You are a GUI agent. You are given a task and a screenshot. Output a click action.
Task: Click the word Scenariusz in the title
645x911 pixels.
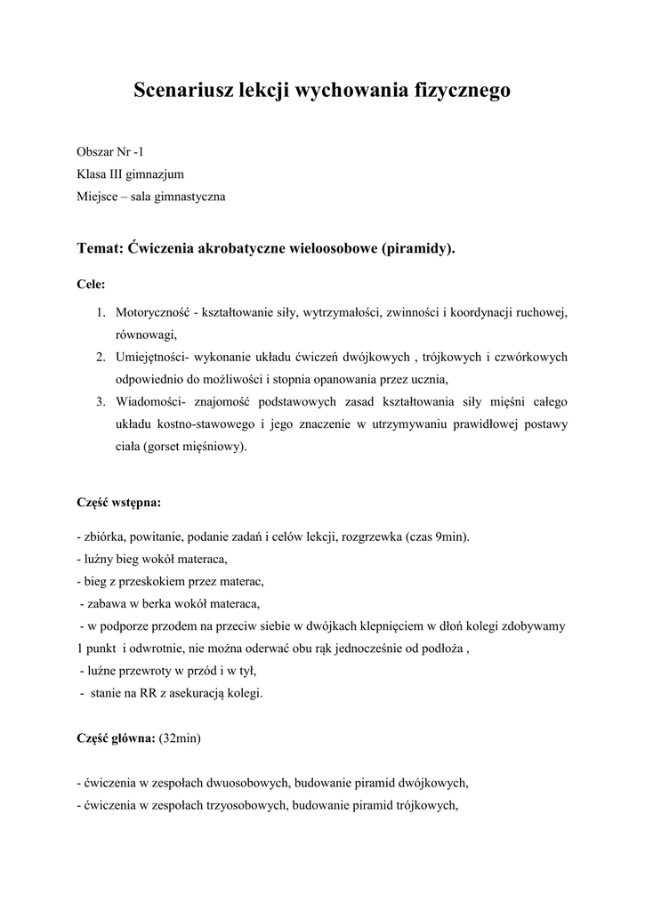(174, 90)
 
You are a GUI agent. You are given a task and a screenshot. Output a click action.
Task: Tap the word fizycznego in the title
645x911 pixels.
(463, 90)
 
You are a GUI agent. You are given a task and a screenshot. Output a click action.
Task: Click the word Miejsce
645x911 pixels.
(97, 197)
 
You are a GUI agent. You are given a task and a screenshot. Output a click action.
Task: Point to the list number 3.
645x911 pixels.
(101, 401)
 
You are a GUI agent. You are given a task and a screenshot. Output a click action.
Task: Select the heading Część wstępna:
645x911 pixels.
(119, 503)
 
